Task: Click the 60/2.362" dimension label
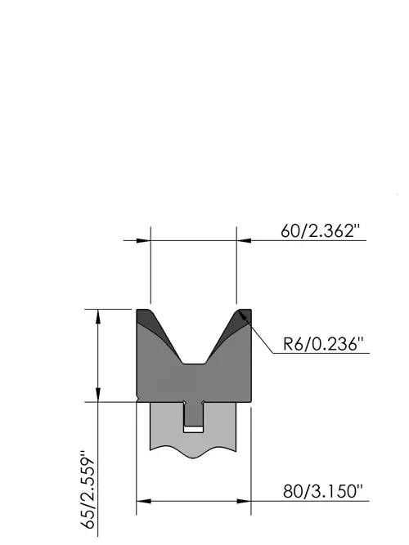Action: click(320, 230)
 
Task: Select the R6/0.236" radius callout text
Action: click(323, 344)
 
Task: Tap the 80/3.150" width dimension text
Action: click(322, 492)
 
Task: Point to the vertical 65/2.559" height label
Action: click(88, 489)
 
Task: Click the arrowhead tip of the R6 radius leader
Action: click(239, 311)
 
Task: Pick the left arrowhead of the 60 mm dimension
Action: click(143, 240)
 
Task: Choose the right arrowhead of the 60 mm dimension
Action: click(244, 240)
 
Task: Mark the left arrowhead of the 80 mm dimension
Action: click(143, 501)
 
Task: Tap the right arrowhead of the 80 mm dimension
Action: click(244, 501)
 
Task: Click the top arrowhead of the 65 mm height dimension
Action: click(98, 316)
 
